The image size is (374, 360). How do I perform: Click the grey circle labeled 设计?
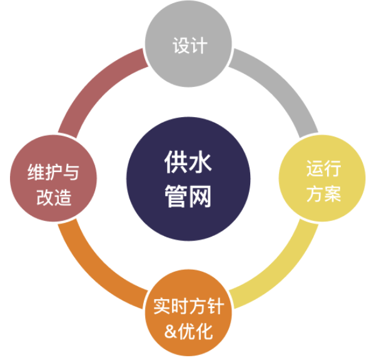tap(188, 44)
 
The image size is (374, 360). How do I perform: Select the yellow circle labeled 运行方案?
tap(322, 178)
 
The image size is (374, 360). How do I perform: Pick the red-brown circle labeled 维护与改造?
tap(53, 178)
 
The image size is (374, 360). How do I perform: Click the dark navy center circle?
tap(188, 179)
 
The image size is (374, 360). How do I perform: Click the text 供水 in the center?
tap(188, 162)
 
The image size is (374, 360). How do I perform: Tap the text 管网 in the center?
tap(188, 196)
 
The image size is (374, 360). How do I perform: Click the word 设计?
tap(190, 45)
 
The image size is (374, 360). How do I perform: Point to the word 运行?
tap(324, 168)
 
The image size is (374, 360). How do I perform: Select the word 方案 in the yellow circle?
tap(324, 194)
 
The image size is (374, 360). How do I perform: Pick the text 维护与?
tap(53, 172)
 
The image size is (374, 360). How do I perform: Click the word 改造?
tap(54, 197)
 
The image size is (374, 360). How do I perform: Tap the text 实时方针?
tap(189, 306)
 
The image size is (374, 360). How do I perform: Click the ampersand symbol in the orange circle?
tap(170, 332)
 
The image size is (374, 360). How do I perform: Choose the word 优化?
tap(195, 331)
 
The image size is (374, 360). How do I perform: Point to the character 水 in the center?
tap(200, 162)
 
